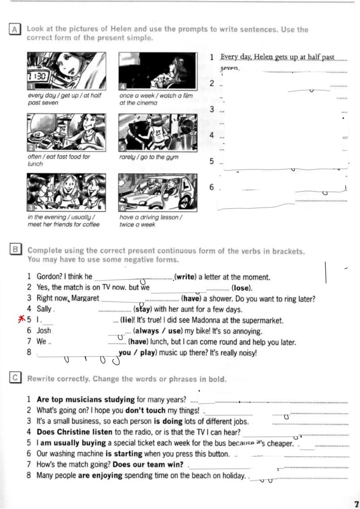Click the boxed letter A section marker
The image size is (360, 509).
tap(14, 30)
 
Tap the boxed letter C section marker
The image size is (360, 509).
tap(14, 378)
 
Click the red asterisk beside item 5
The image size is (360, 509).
tap(19, 320)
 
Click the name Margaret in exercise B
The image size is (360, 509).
tap(85, 299)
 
